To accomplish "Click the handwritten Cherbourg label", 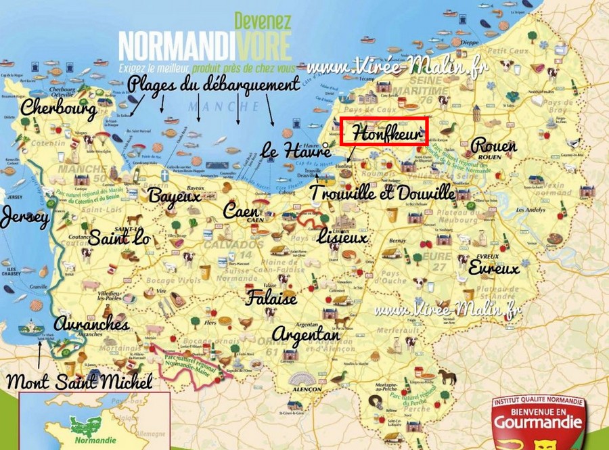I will click(x=58, y=108).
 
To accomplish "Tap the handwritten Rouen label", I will click(x=493, y=145).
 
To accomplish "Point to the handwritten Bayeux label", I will click(x=175, y=196).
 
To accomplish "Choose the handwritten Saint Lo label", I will click(x=120, y=238).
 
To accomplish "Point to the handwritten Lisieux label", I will click(x=342, y=238).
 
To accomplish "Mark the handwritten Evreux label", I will click(x=493, y=268).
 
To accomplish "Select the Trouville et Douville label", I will click(x=382, y=194).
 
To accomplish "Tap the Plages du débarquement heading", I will click(x=213, y=84).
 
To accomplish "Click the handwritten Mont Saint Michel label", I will click(x=78, y=381).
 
